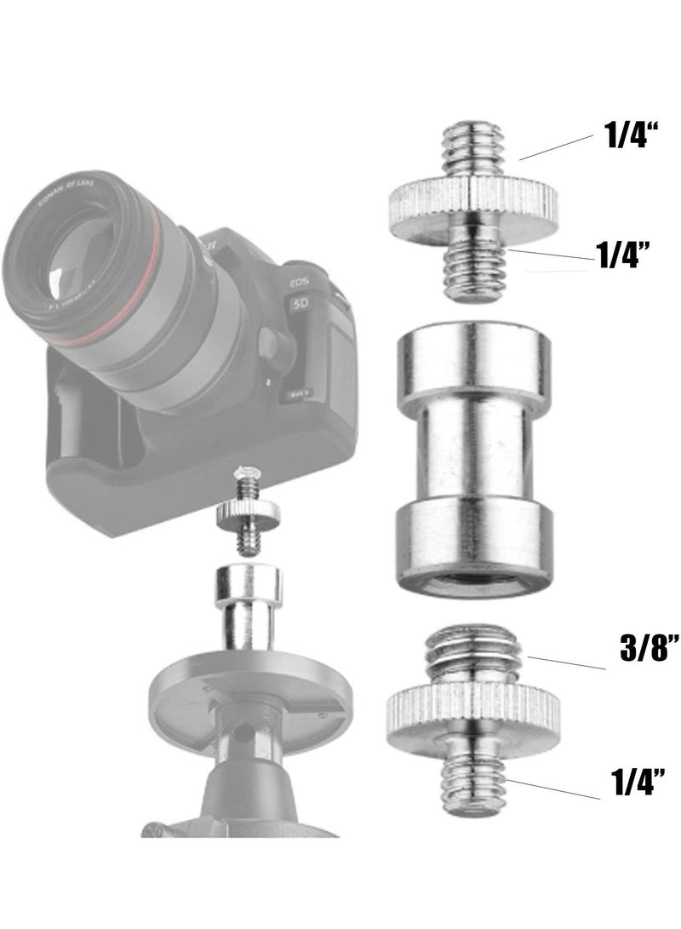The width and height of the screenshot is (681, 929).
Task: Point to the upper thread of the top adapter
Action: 472,151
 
